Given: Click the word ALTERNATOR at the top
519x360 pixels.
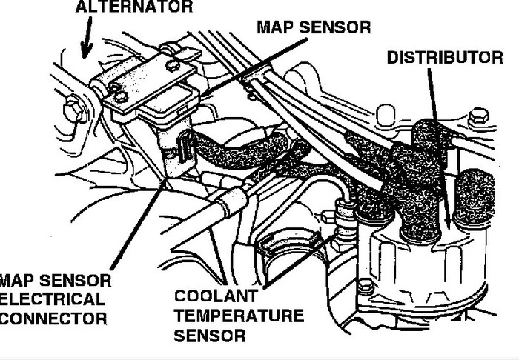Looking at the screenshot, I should pos(133,7).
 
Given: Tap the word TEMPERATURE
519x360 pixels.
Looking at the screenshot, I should pos(239,316).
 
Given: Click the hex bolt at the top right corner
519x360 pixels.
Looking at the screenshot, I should pos(480,116).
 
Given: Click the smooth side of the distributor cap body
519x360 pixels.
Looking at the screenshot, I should pos(415,259).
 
